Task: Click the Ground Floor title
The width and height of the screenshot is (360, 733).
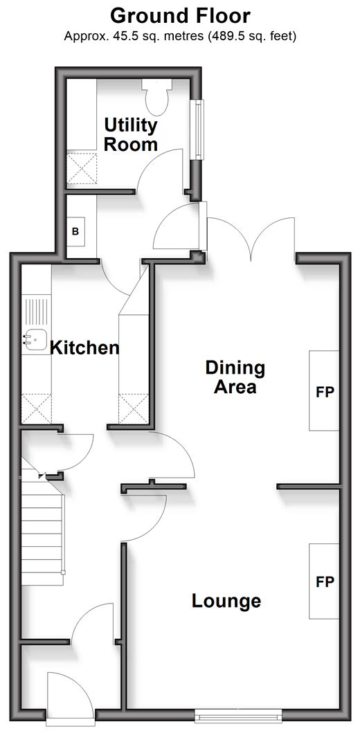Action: pos(180,16)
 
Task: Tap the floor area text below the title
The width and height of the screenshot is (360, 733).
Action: pos(180,36)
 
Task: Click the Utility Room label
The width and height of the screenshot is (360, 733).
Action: pos(130,135)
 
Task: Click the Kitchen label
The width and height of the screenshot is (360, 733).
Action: pos(84,347)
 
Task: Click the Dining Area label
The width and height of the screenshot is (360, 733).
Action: pos(235,377)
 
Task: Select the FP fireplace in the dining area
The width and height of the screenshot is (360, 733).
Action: pos(324,390)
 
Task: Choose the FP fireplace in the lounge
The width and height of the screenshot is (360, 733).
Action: pos(324,581)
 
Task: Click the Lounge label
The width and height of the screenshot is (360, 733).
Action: pos(226,601)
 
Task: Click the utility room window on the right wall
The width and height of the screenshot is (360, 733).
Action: pos(199,129)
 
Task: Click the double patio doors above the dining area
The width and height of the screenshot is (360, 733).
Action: pos(251,238)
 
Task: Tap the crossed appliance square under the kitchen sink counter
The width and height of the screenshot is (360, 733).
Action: pos(37,409)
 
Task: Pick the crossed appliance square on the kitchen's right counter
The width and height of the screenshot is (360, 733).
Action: pos(134,409)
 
